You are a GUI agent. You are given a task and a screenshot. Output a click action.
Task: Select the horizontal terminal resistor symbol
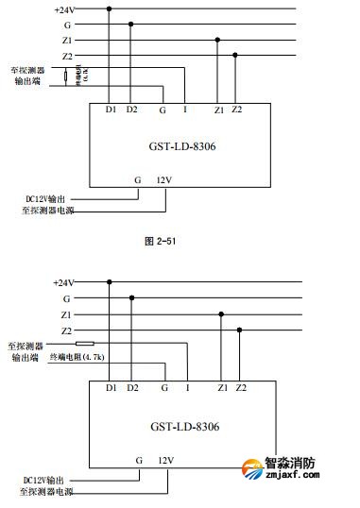(x=85, y=343)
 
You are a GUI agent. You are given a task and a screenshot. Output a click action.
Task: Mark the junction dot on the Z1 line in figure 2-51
(x=218, y=40)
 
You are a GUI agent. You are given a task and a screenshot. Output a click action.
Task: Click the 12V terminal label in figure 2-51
(x=166, y=178)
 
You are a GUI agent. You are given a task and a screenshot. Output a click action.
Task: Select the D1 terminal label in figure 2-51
(x=110, y=110)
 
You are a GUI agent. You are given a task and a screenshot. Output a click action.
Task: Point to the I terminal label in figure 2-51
(x=184, y=110)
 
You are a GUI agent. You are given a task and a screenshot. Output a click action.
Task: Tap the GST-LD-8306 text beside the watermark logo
(x=184, y=427)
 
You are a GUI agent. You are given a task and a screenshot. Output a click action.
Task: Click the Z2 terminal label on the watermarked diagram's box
(x=240, y=388)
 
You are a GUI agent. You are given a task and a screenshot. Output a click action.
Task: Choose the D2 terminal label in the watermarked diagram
(x=131, y=388)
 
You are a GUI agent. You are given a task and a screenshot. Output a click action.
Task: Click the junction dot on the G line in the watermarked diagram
(x=131, y=297)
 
